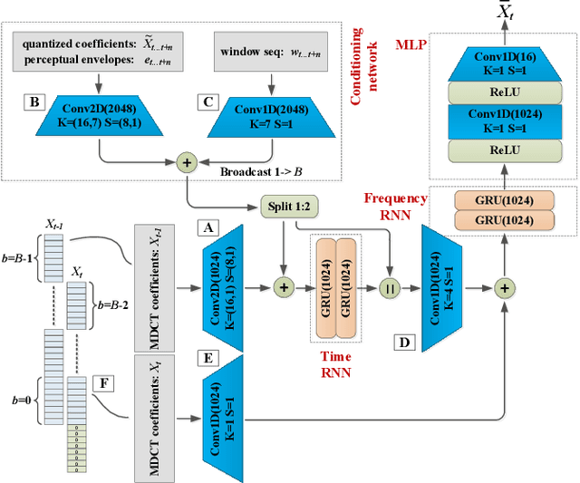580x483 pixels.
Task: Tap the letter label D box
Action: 404,343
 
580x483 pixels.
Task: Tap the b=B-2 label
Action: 113,282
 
